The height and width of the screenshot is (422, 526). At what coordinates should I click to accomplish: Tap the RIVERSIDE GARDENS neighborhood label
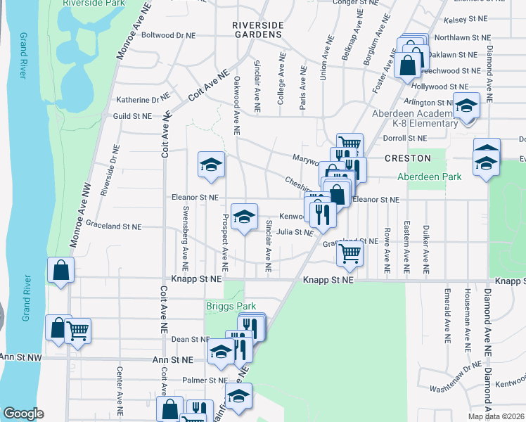tap(258, 30)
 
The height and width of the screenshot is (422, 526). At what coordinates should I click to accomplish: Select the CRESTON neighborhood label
tap(407, 159)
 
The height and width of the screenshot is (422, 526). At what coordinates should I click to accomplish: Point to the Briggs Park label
tap(231, 306)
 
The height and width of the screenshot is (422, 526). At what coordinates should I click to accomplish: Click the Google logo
tap(23, 414)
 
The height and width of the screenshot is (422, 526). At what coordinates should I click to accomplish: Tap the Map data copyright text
tap(496, 416)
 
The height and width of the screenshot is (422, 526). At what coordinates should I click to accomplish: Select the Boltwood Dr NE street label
tap(167, 34)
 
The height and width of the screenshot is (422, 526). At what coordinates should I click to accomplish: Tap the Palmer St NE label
tap(203, 381)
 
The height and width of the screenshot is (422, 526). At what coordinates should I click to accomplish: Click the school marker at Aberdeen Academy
tap(465, 105)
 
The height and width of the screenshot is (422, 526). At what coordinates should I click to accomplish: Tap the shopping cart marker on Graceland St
tap(349, 253)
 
